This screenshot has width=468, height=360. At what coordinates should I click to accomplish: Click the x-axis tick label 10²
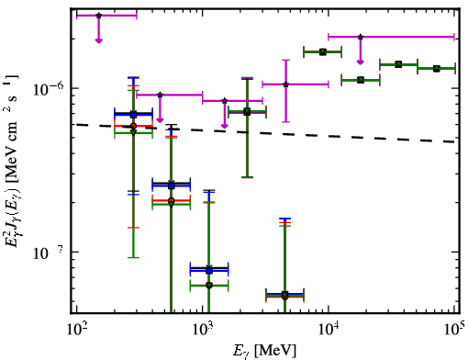point(76,329)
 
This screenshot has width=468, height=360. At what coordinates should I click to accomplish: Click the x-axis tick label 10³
point(203,329)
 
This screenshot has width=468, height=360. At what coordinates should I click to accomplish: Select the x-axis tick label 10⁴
point(329,329)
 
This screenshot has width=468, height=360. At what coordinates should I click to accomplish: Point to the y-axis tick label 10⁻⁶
point(49,88)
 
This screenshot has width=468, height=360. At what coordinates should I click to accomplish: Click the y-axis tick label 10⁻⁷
point(49,253)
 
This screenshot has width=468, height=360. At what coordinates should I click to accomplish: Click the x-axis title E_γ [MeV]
point(264,351)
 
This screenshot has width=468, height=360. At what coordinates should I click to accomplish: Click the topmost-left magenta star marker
point(98,16)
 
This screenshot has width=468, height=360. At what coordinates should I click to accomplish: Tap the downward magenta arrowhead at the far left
point(98,40)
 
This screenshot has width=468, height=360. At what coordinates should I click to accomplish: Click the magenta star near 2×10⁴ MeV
point(361,37)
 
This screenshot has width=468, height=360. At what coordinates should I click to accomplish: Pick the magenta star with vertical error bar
point(285,84)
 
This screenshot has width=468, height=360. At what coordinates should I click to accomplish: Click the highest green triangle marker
point(323,52)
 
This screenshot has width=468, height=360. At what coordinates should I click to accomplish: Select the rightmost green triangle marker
point(437,69)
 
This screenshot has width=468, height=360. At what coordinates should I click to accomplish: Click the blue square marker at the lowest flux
point(209,271)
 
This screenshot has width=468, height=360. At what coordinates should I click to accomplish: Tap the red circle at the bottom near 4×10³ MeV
point(284,297)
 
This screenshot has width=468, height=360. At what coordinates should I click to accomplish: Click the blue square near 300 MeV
point(133,115)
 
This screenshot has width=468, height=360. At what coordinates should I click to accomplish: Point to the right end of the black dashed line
point(454,142)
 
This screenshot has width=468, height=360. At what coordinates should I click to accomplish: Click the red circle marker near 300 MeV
point(133,126)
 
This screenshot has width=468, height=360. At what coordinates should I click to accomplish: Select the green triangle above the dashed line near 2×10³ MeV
point(247,111)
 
